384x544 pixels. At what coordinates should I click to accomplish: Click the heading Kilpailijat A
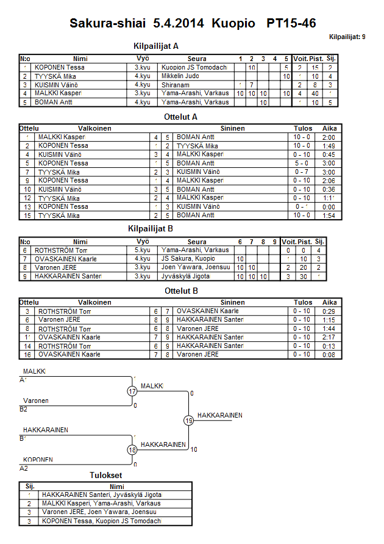[156, 46]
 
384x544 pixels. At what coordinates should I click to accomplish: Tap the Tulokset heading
[105, 475]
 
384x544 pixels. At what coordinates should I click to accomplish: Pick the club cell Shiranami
[177, 85]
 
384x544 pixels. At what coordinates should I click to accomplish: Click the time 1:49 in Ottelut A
[329, 147]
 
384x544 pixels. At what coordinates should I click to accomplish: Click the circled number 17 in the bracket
[132, 391]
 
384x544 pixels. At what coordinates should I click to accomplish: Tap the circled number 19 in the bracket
[189, 420]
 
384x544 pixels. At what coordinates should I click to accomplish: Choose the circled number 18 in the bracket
[132, 449]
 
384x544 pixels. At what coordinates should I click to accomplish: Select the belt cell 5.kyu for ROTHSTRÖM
[142, 250]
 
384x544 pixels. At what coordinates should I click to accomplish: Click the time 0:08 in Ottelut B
[329, 355]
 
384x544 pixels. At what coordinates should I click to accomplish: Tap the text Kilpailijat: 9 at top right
[347, 37]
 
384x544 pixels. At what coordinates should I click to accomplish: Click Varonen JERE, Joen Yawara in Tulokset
[99, 512]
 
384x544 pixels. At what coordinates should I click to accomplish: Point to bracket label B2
[24, 409]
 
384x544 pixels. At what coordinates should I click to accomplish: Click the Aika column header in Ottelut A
[329, 129]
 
